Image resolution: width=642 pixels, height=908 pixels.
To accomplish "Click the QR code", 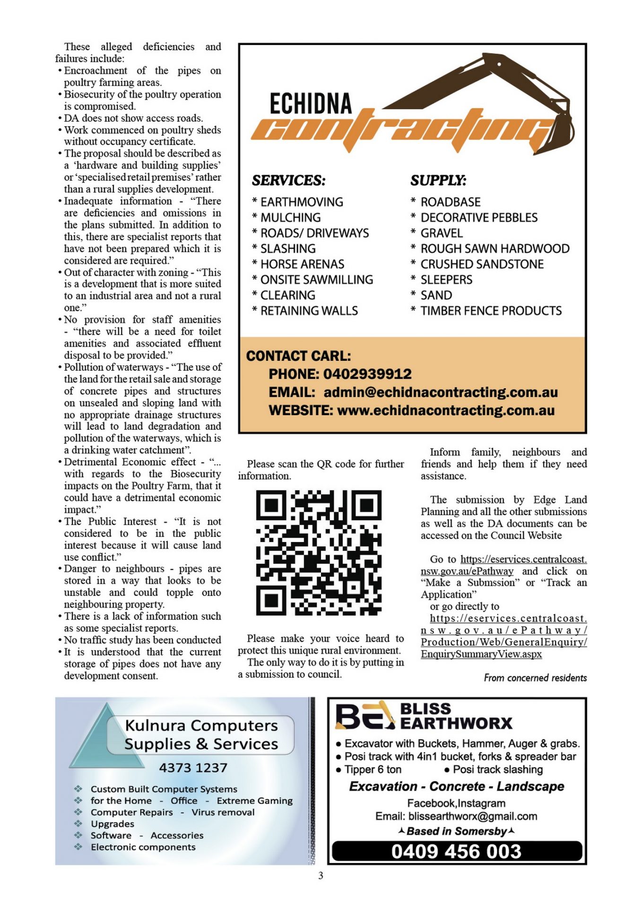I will click(319, 552).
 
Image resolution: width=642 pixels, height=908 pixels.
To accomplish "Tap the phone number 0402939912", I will click(367, 374).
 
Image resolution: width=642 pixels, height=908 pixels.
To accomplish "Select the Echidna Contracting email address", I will click(440, 393).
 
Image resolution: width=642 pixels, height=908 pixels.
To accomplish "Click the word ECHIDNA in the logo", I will click(311, 104).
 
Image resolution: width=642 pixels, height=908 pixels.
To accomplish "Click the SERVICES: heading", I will click(288, 181).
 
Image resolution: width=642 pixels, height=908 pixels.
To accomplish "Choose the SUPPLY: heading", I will click(438, 181).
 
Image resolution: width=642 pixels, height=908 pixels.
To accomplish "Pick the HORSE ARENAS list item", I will click(302, 264).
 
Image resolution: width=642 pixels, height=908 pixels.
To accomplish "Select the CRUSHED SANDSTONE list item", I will click(482, 264).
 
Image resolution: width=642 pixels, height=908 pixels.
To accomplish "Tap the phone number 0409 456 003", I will click(456, 852).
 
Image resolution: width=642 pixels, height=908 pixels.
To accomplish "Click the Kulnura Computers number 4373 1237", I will click(193, 768).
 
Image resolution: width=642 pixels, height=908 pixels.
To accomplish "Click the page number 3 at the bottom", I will click(321, 876).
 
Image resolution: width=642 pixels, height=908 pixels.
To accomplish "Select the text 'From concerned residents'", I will click(535, 678).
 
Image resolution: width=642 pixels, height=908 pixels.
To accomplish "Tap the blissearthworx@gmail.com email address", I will click(472, 816).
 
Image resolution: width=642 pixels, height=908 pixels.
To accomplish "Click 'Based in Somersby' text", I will click(456, 831).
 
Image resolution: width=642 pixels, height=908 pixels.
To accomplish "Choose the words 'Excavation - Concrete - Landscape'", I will click(456, 786).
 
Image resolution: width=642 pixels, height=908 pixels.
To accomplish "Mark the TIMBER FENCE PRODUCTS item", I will click(491, 311).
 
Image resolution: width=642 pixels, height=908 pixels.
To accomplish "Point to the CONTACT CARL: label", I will click(298, 356).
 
